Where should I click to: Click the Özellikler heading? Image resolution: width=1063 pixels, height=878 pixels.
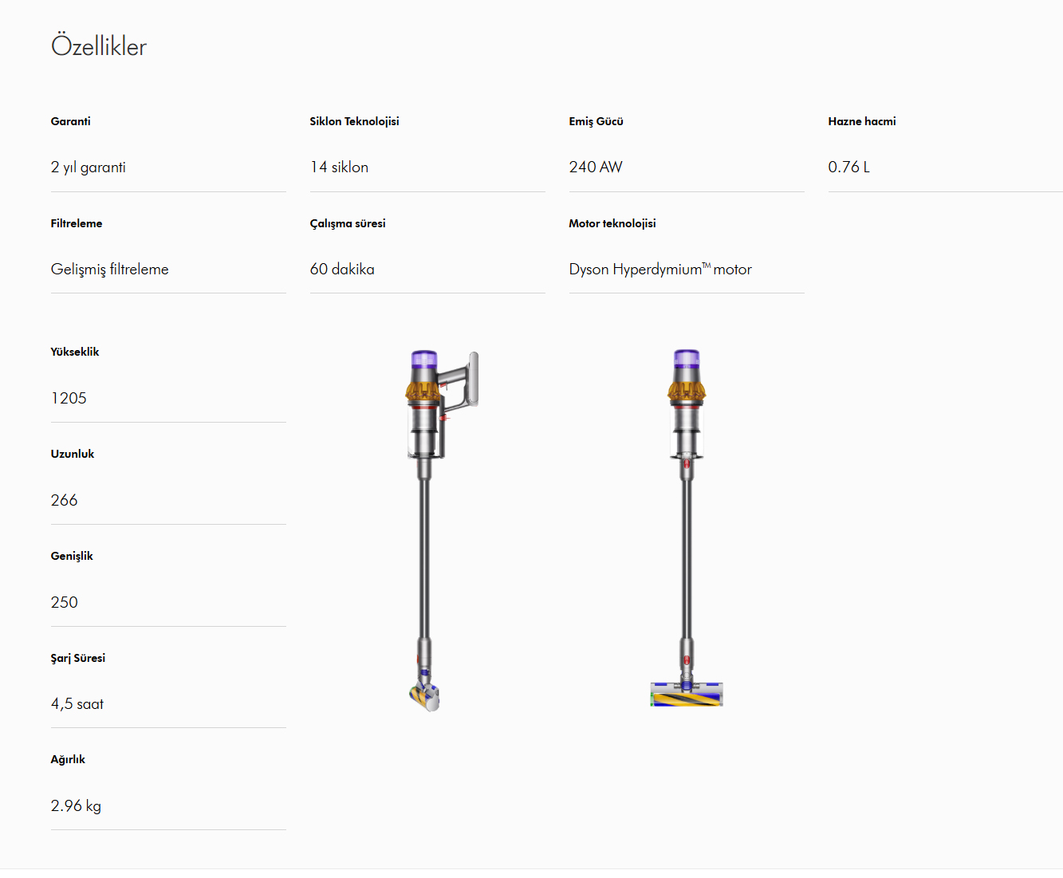pos(99,45)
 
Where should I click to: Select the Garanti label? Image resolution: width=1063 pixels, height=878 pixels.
pos(71,121)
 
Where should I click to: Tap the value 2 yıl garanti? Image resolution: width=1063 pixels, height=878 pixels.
pos(88,167)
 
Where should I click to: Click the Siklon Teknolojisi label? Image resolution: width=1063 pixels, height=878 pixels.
pos(354,121)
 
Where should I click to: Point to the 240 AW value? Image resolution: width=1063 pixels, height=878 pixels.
pos(596,167)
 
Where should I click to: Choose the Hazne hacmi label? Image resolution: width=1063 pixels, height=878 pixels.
pos(862,121)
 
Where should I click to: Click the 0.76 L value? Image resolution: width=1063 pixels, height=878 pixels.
pos(848,167)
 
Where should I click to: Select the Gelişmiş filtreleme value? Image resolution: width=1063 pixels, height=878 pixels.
pos(109,269)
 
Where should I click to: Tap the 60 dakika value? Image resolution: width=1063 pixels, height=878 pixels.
pos(342,269)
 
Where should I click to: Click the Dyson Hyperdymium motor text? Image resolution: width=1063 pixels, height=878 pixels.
pos(660,269)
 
